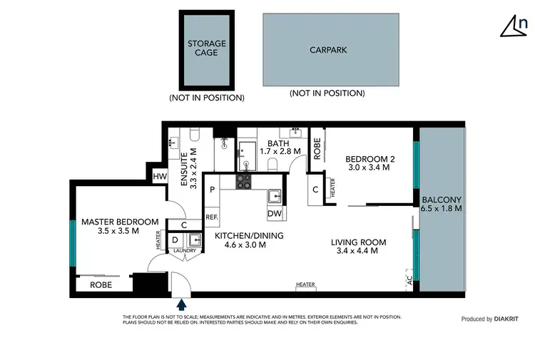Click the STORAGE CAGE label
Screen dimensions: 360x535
[206, 48]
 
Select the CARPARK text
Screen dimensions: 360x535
[327, 51]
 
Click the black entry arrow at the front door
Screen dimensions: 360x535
[182, 304]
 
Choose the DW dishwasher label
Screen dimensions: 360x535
[274, 213]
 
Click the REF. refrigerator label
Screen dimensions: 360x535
[212, 217]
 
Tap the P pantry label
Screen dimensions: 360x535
[212, 190]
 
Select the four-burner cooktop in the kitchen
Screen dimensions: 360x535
[243, 182]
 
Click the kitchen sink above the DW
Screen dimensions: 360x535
[275, 195]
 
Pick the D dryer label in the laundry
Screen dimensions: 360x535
[175, 240]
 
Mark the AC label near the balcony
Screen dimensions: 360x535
[409, 281]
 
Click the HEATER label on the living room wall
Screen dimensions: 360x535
[305, 285]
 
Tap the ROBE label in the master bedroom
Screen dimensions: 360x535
[100, 284]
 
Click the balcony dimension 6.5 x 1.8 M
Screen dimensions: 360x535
[442, 209]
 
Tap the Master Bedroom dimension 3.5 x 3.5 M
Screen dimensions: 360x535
[119, 231]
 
